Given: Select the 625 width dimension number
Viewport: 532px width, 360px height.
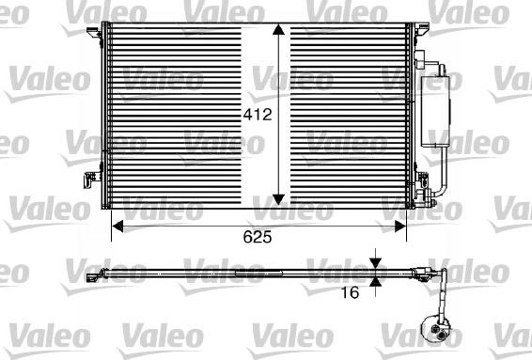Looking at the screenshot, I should pyautogui.click(x=258, y=238).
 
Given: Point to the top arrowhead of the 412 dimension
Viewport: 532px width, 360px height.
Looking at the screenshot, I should pyautogui.click(x=279, y=33).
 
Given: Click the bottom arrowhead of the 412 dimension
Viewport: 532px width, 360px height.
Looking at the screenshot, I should pyautogui.click(x=279, y=197).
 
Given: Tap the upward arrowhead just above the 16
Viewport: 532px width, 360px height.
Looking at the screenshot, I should pyautogui.click(x=375, y=280).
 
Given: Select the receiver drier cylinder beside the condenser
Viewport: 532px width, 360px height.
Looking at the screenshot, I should pyautogui.click(x=440, y=108).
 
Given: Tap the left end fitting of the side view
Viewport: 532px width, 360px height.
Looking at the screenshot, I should pyautogui.click(x=92, y=275).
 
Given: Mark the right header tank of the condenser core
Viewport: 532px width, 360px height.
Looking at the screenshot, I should pyautogui.click(x=406, y=117).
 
